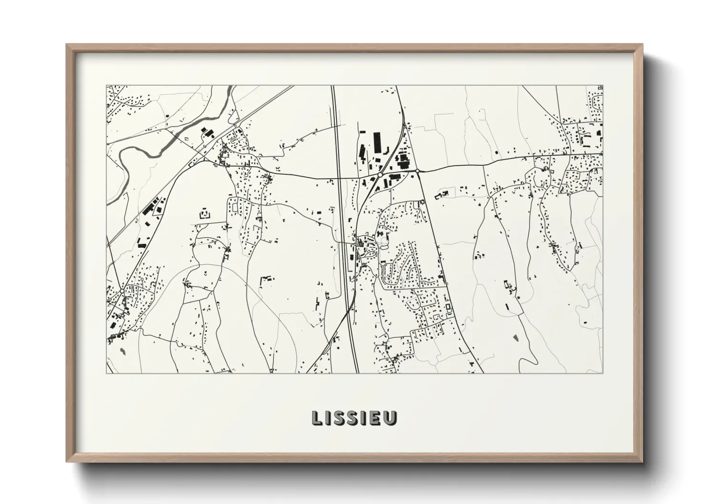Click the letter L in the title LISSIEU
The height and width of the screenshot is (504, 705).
coord(316,418)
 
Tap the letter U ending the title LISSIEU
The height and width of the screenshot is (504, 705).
coord(390,418)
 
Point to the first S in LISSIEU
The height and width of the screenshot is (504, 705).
coord(340,418)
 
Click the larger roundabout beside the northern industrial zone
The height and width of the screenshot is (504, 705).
coord(380,175)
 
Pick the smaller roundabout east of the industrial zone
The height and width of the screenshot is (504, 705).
coord(417,171)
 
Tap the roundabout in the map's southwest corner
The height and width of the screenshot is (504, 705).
coord(122,291)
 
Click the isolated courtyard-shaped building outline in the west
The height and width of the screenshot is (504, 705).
coord(205,213)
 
